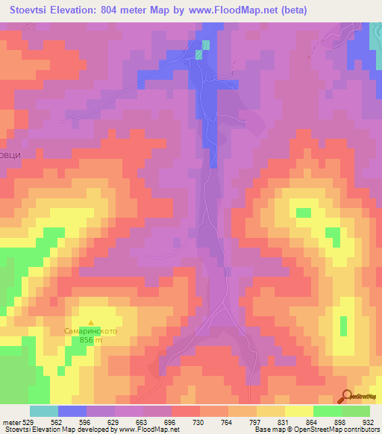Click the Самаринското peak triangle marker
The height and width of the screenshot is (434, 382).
click(x=91, y=322)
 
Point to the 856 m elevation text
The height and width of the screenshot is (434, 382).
click(x=91, y=340)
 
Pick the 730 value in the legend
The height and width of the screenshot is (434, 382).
click(x=199, y=422)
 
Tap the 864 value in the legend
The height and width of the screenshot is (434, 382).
click(x=313, y=422)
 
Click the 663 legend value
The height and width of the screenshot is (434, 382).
click(x=143, y=422)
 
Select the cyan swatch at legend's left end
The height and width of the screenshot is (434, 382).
click(x=44, y=411)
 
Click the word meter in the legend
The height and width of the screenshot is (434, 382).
click(x=13, y=422)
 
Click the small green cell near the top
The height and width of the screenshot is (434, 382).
click(x=199, y=54)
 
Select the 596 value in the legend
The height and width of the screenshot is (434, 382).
click(x=86, y=422)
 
